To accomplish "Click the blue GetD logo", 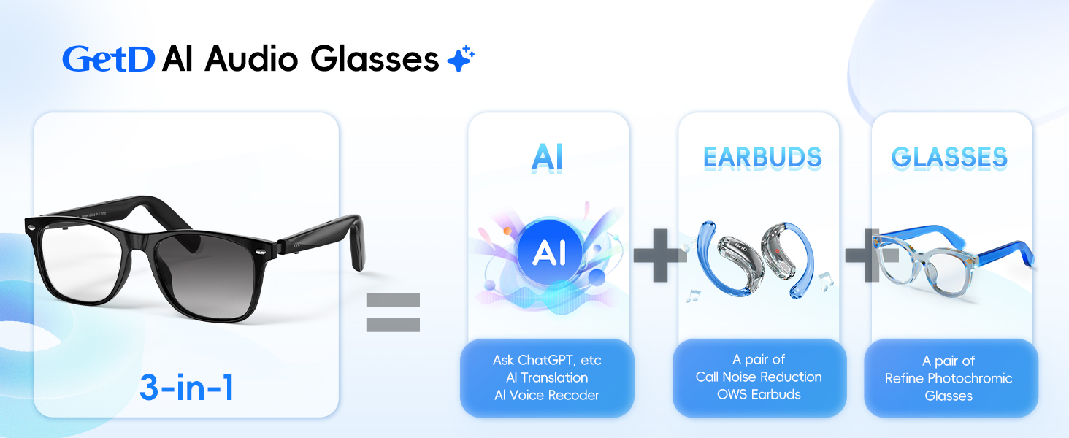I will [x=108, y=59].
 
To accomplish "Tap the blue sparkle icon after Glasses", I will [x=461, y=59].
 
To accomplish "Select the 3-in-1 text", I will [x=187, y=388].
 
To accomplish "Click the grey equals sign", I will [x=393, y=312].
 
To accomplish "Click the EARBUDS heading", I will [x=762, y=157].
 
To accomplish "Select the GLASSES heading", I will [x=949, y=157].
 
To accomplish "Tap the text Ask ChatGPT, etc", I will [x=547, y=360].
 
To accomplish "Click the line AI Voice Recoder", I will [x=547, y=396].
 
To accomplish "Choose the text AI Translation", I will [x=547, y=377].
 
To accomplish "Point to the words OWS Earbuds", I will [x=759, y=394].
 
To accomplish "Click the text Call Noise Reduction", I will [x=759, y=377].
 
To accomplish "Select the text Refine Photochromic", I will [x=949, y=378].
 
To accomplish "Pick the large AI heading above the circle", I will [x=548, y=158].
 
